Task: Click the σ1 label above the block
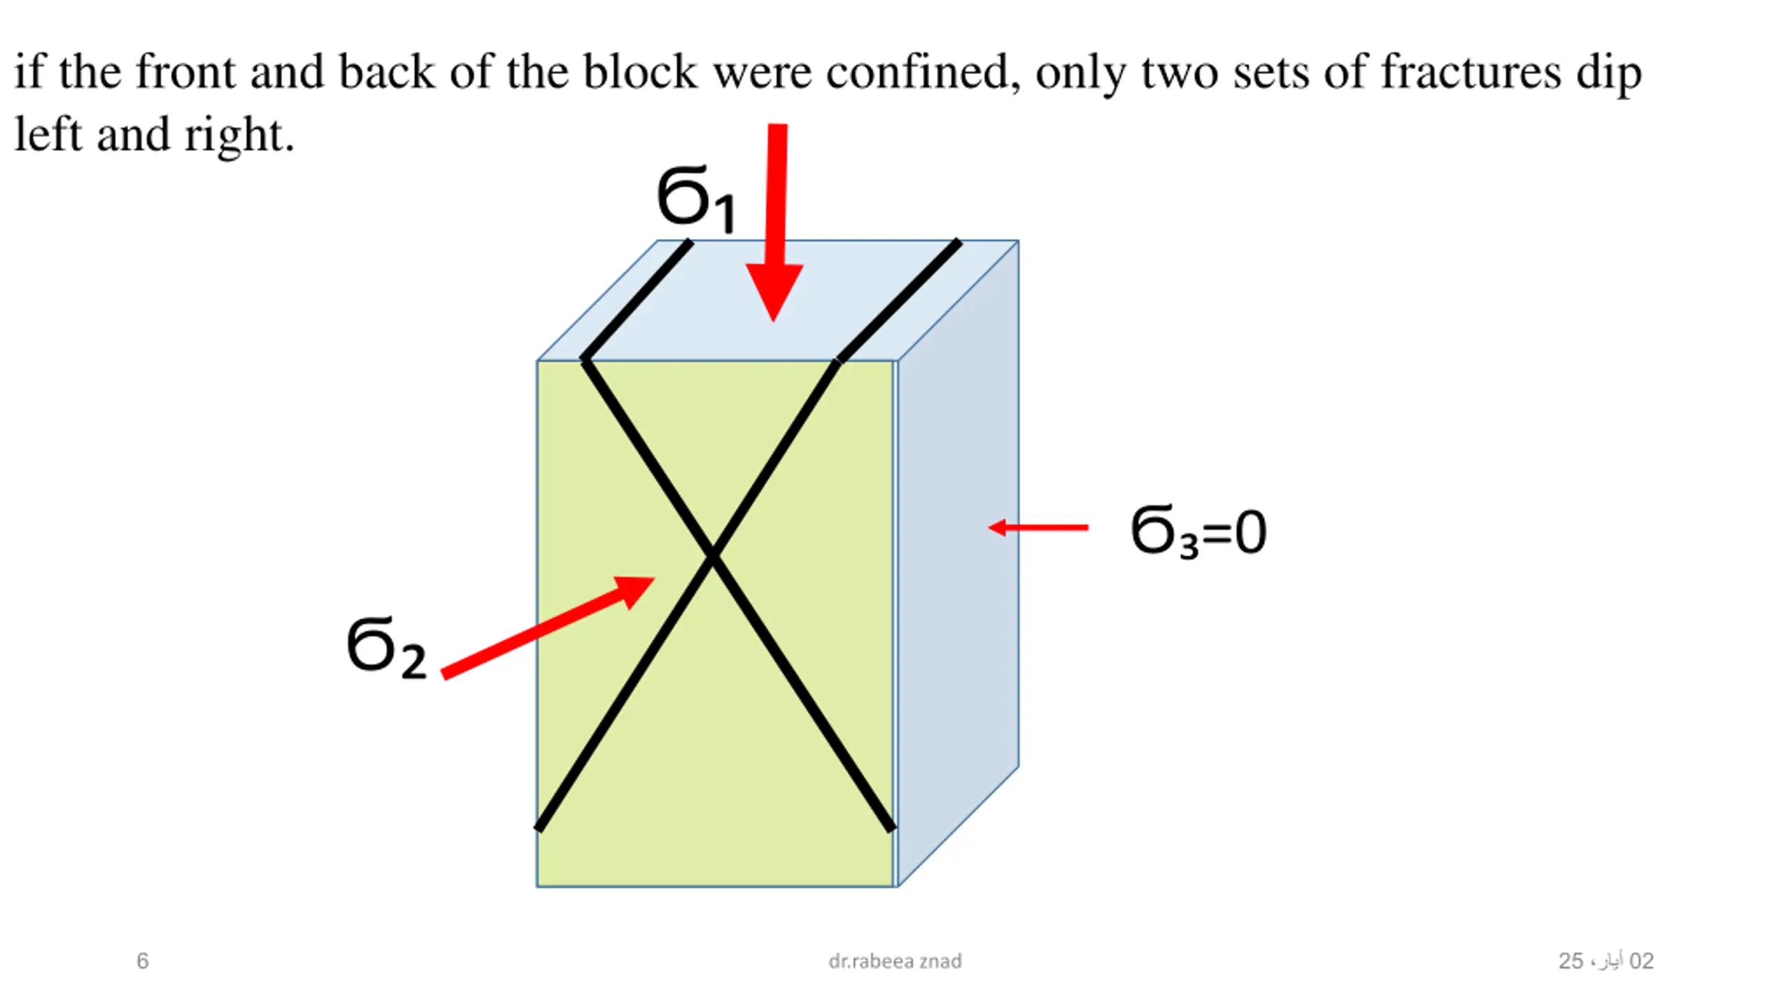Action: tap(695, 199)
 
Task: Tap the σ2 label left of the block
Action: tap(386, 648)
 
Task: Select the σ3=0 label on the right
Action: tap(1198, 531)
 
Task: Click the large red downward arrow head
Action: tap(774, 290)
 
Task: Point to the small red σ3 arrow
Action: tap(1038, 527)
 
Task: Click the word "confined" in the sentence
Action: tap(923, 72)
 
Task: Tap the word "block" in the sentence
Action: tap(639, 72)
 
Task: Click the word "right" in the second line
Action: tap(238, 135)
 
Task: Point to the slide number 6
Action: tap(142, 961)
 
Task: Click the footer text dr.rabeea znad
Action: tap(895, 961)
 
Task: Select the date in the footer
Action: tap(1606, 961)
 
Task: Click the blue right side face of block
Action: tap(958, 559)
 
